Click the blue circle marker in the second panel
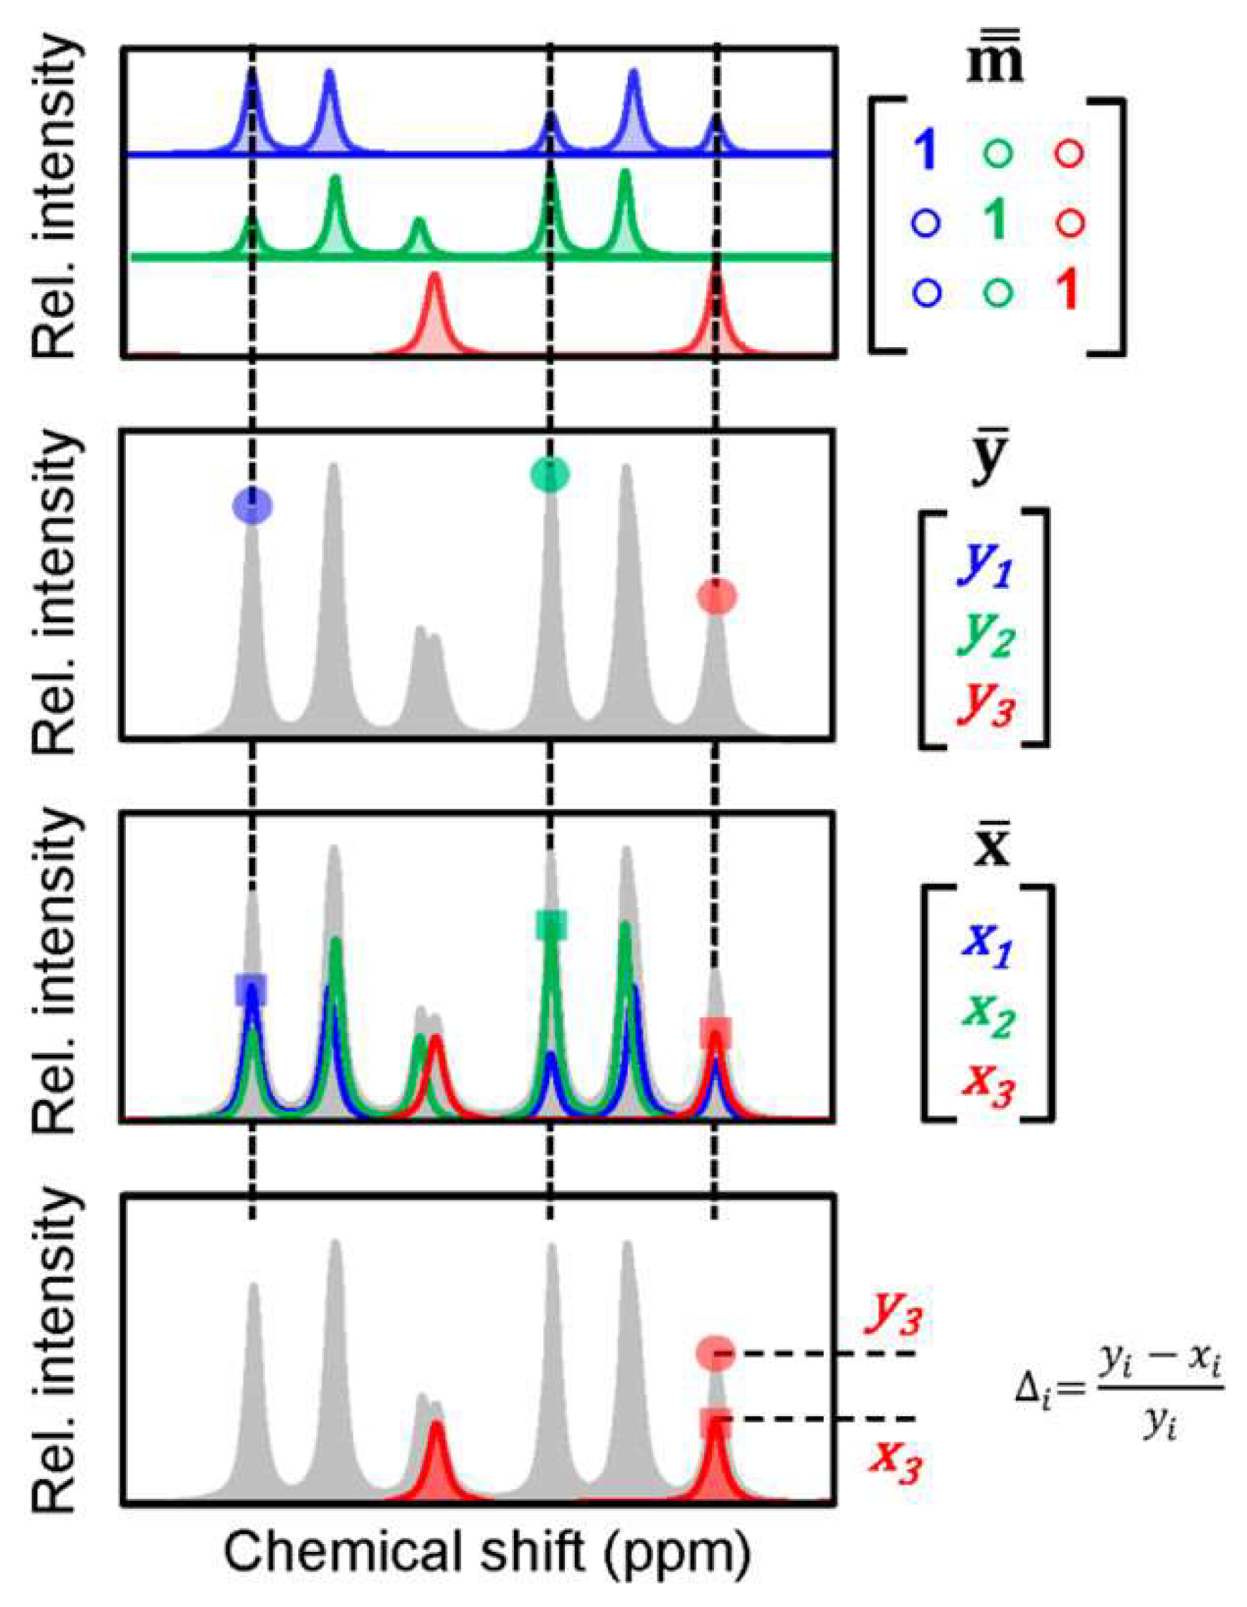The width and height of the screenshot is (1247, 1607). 252,506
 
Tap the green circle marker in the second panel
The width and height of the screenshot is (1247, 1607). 549,474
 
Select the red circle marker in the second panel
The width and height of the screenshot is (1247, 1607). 717,596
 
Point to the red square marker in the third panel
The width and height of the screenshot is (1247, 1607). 715,1033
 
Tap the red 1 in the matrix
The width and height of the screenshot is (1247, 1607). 1067,290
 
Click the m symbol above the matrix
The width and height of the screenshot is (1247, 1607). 995,62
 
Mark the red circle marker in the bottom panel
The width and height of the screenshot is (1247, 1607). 715,1352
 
